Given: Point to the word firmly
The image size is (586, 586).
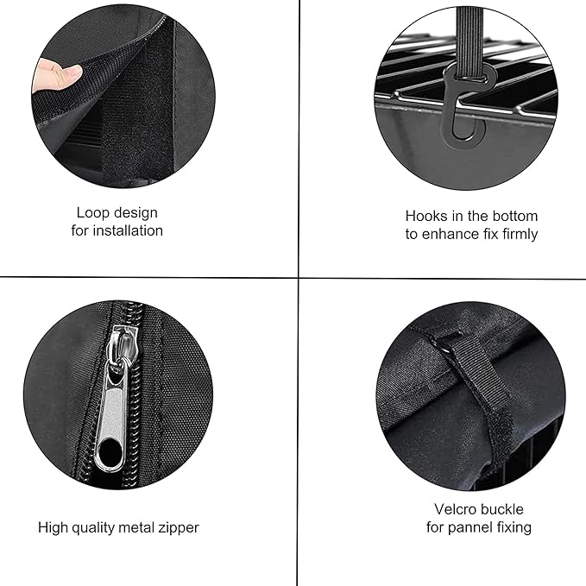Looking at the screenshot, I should [x=516, y=234].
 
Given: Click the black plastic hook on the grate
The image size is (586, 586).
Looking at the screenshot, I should [x=464, y=104].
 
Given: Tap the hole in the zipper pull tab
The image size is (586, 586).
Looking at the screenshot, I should [x=110, y=452].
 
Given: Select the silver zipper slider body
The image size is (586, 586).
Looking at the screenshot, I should [x=117, y=354].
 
